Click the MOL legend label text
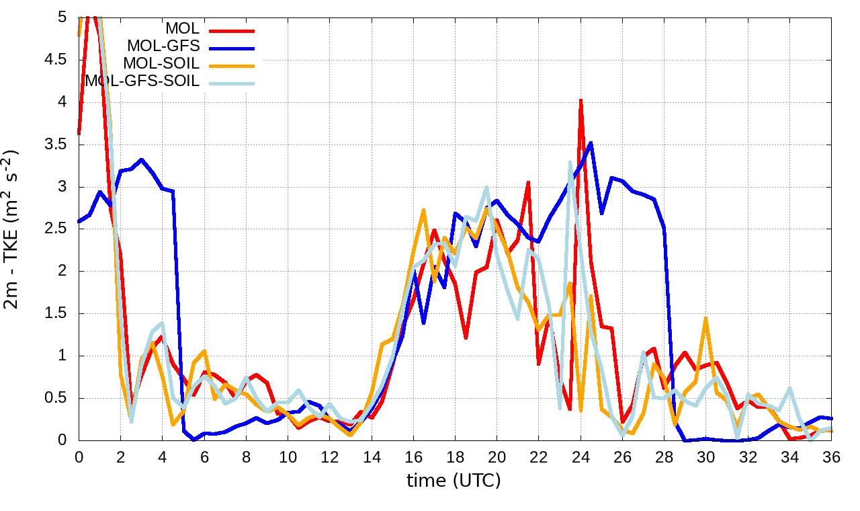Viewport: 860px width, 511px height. [x=182, y=30]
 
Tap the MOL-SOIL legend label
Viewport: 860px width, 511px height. [x=161, y=65]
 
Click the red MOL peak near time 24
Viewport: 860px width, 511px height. [x=580, y=101]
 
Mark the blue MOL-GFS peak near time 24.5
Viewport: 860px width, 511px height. [x=591, y=143]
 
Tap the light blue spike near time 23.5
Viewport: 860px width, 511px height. [x=570, y=162]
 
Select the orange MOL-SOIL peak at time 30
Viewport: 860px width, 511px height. [x=705, y=318]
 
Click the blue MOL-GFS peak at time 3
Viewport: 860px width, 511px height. [x=141, y=160]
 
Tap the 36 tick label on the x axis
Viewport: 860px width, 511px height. [x=831, y=457]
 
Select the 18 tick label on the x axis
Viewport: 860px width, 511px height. [x=455, y=457]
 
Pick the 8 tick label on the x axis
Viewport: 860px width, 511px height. [x=246, y=457]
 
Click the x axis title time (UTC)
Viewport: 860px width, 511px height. [x=454, y=481]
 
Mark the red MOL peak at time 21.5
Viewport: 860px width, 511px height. [x=529, y=182]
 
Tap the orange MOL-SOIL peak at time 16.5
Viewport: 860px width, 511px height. [x=423, y=210]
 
